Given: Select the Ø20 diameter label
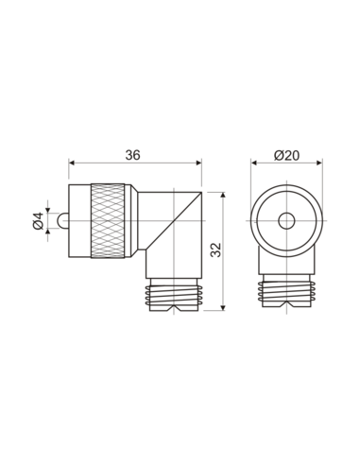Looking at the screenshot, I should coord(285,155).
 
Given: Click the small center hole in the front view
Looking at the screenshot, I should coord(285,221).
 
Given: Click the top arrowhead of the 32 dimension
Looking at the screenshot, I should coord(222,190).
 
